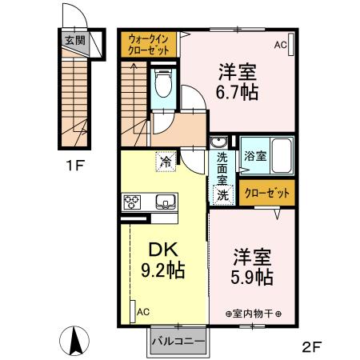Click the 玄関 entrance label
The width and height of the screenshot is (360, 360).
click(x=74, y=40)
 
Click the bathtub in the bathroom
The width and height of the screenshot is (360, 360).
click(x=282, y=153)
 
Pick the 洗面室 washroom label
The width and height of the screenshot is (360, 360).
click(x=222, y=170)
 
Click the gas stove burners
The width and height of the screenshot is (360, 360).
click(x=132, y=202)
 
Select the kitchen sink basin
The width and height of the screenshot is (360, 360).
click(x=165, y=202)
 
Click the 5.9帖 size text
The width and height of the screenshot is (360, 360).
click(x=252, y=278)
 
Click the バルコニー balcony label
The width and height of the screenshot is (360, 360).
click(x=178, y=341)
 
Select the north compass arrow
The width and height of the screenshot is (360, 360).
click(x=76, y=340)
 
